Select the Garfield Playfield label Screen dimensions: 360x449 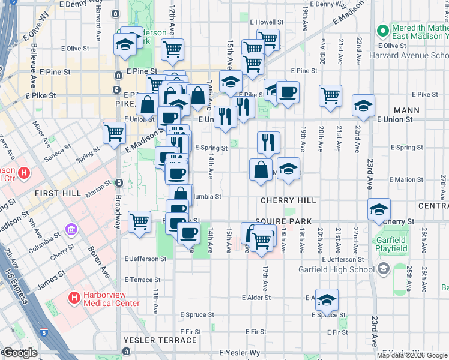click(391, 245)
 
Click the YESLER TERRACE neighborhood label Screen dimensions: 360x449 click(160, 340)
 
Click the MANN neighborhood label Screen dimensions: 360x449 click(406, 111)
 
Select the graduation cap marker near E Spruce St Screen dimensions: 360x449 click(327, 299)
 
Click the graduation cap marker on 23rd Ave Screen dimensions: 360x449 click(379, 209)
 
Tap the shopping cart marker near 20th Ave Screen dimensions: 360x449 click(330, 95)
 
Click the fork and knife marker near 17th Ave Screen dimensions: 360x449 click(268, 142)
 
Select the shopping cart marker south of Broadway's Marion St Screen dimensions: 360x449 click(139, 221)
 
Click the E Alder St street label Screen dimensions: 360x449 click(258, 298)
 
